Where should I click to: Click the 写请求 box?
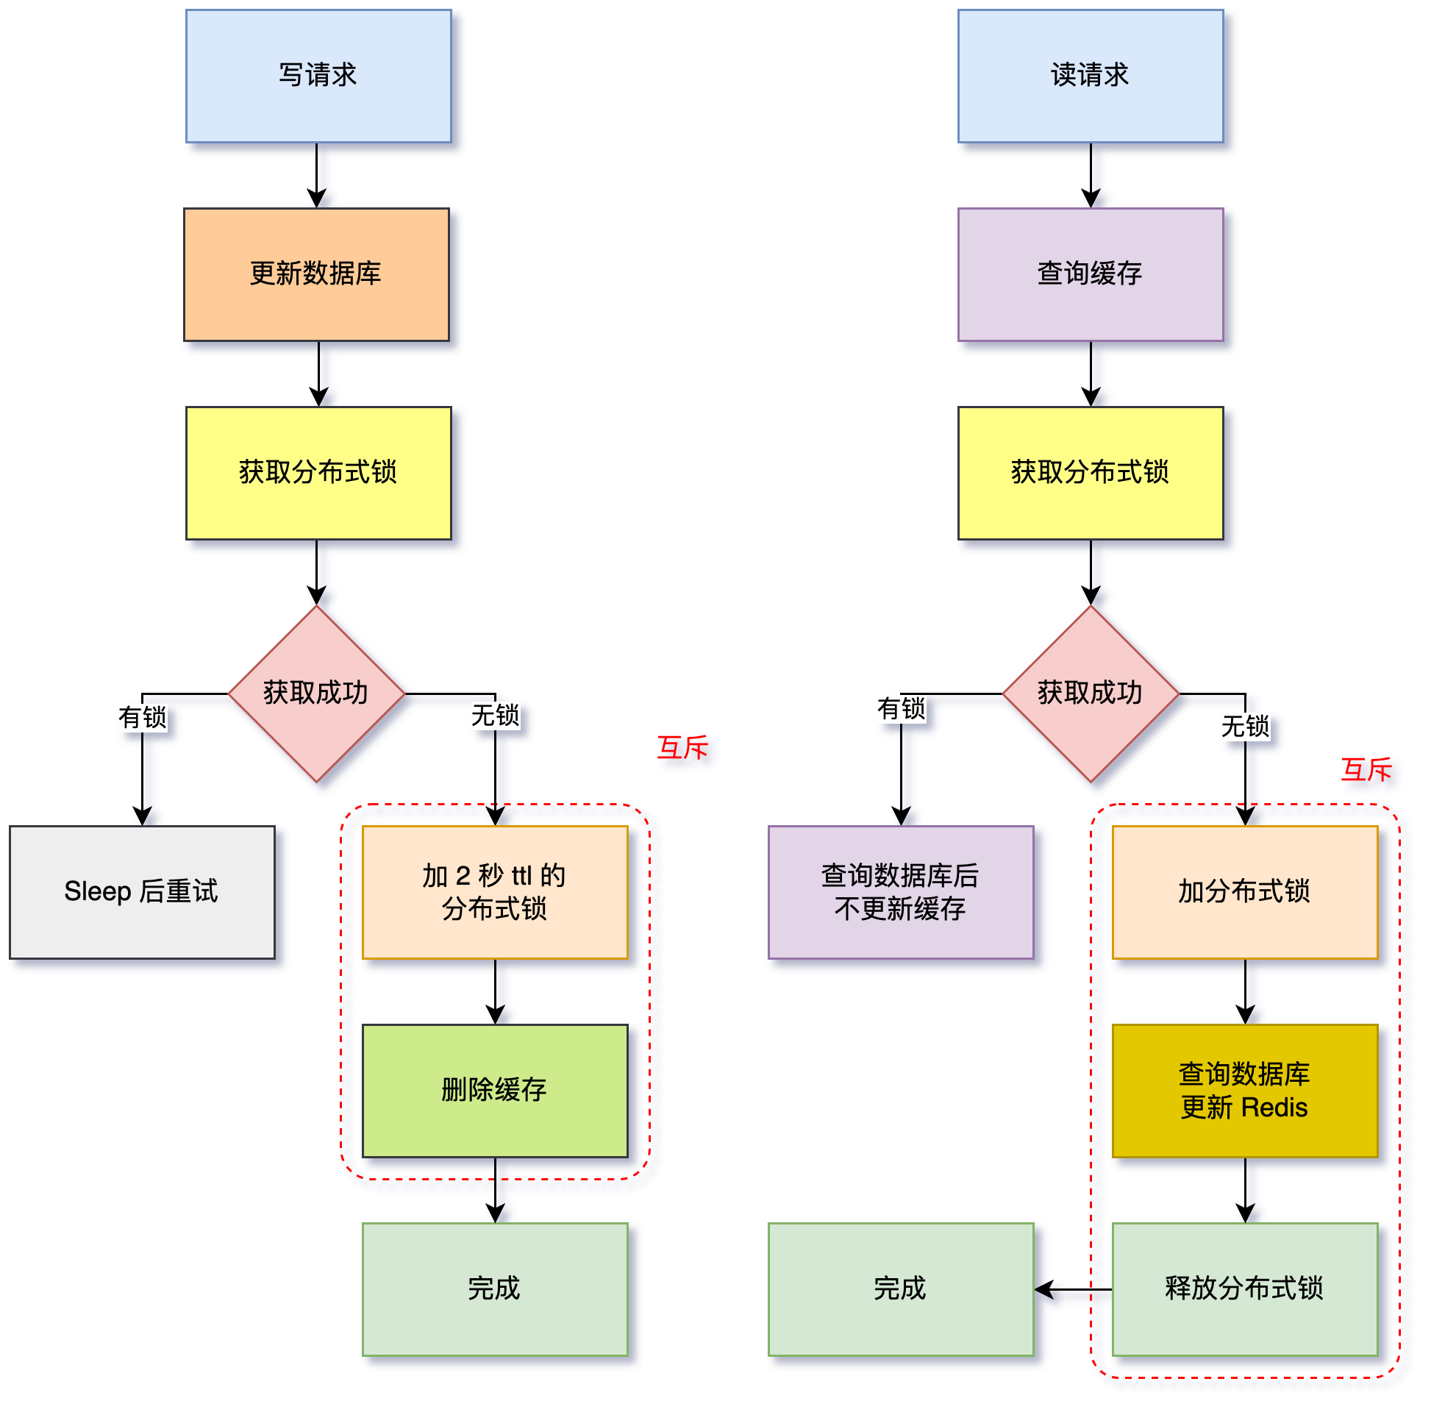pyautogui.click(x=318, y=76)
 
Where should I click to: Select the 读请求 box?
pyautogui.click(x=1091, y=76)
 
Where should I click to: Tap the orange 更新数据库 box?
pyautogui.click(x=316, y=274)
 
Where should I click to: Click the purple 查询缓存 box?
pyautogui.click(x=1091, y=274)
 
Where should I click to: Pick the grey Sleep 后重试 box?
pyautogui.click(x=142, y=892)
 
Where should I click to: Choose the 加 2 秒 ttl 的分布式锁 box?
pyautogui.click(x=495, y=892)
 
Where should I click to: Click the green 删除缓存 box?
pyautogui.click(x=495, y=1091)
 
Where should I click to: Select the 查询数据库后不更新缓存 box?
pyautogui.click(x=901, y=892)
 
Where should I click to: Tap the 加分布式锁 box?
pyautogui.click(x=1244, y=892)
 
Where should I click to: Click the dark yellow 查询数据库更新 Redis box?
pyautogui.click(x=1244, y=1091)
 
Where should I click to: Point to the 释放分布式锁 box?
pyautogui.click(x=1244, y=1289)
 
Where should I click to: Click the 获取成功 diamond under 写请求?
pyautogui.click(x=316, y=693)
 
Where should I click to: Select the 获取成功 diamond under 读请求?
pyautogui.click(x=1091, y=693)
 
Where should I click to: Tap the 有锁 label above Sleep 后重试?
pyautogui.click(x=142, y=717)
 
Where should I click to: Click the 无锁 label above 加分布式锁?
pyautogui.click(x=1245, y=727)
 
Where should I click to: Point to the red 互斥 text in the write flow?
pyautogui.click(x=682, y=748)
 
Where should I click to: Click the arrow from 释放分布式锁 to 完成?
pyautogui.click(x=1073, y=1290)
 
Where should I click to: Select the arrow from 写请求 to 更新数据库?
pyautogui.click(x=317, y=176)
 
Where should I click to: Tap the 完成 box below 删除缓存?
pyautogui.click(x=495, y=1289)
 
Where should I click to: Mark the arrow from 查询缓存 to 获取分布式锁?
pyautogui.click(x=1091, y=374)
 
